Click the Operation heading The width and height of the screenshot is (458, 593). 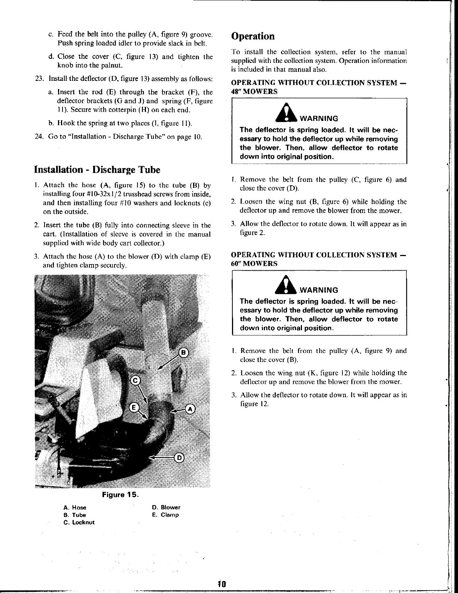253,36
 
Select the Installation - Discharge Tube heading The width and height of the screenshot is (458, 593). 97,170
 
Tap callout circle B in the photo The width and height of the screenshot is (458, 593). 183,353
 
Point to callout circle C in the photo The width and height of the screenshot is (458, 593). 135,380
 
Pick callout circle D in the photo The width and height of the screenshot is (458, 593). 179,458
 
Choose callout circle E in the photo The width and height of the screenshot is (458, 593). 133,407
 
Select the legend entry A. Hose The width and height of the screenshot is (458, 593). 75,508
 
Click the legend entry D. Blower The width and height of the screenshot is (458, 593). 166,508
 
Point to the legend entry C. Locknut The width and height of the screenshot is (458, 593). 79,522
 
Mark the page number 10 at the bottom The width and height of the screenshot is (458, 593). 222,584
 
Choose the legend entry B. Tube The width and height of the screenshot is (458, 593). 75,515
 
